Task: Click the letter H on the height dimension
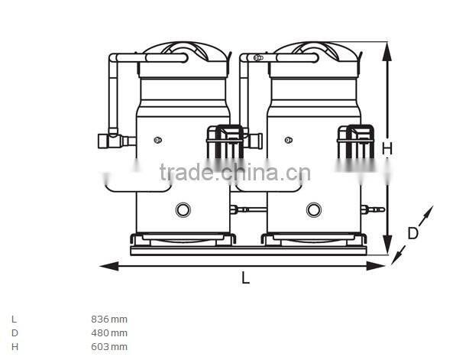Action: (x=387, y=148)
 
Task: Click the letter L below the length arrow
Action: (x=245, y=278)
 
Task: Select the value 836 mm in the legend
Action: (x=109, y=319)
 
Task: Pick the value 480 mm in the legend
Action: (x=109, y=332)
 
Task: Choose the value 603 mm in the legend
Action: (x=109, y=346)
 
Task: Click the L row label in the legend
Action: (x=14, y=319)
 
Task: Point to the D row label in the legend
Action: (x=14, y=332)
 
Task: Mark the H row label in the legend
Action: (x=14, y=346)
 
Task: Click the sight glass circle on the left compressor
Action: (x=183, y=209)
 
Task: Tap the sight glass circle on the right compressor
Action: (x=313, y=209)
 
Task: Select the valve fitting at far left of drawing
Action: (x=108, y=141)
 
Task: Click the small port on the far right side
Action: (x=376, y=208)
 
